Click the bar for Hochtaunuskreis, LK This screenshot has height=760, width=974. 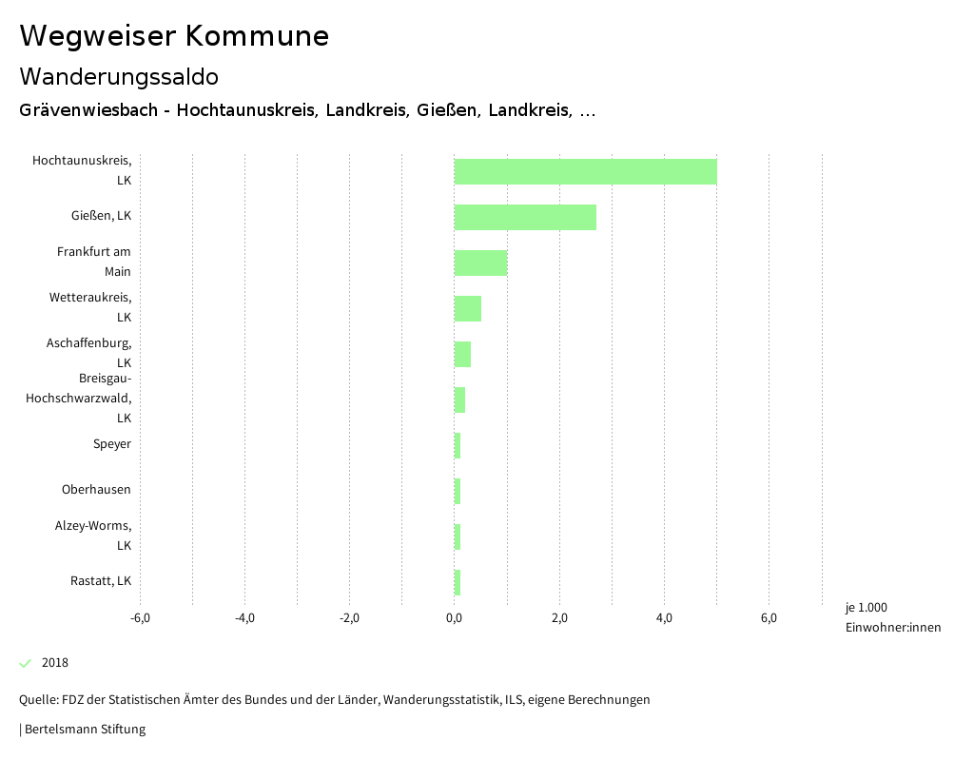point(585,171)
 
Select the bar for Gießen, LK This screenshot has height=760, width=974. point(525,217)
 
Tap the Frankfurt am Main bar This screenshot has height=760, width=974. point(480,263)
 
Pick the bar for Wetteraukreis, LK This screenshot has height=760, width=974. point(467,308)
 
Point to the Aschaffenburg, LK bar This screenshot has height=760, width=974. point(462,354)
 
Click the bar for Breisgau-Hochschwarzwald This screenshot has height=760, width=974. point(459,399)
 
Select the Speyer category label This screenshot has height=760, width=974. point(111,444)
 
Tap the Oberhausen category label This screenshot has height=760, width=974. point(96,490)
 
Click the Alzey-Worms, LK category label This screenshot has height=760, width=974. point(93,535)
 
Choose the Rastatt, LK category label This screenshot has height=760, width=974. point(101,581)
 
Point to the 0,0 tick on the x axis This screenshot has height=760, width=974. point(454,619)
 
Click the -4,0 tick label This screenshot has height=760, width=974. point(244,619)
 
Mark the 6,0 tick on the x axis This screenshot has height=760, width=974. point(769,619)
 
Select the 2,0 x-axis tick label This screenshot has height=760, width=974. point(559,619)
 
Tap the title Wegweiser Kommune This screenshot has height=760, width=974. point(174,36)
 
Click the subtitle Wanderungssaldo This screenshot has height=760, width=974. point(119,76)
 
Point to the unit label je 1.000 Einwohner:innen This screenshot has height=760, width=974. point(892,617)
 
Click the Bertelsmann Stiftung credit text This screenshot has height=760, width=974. point(85,730)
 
